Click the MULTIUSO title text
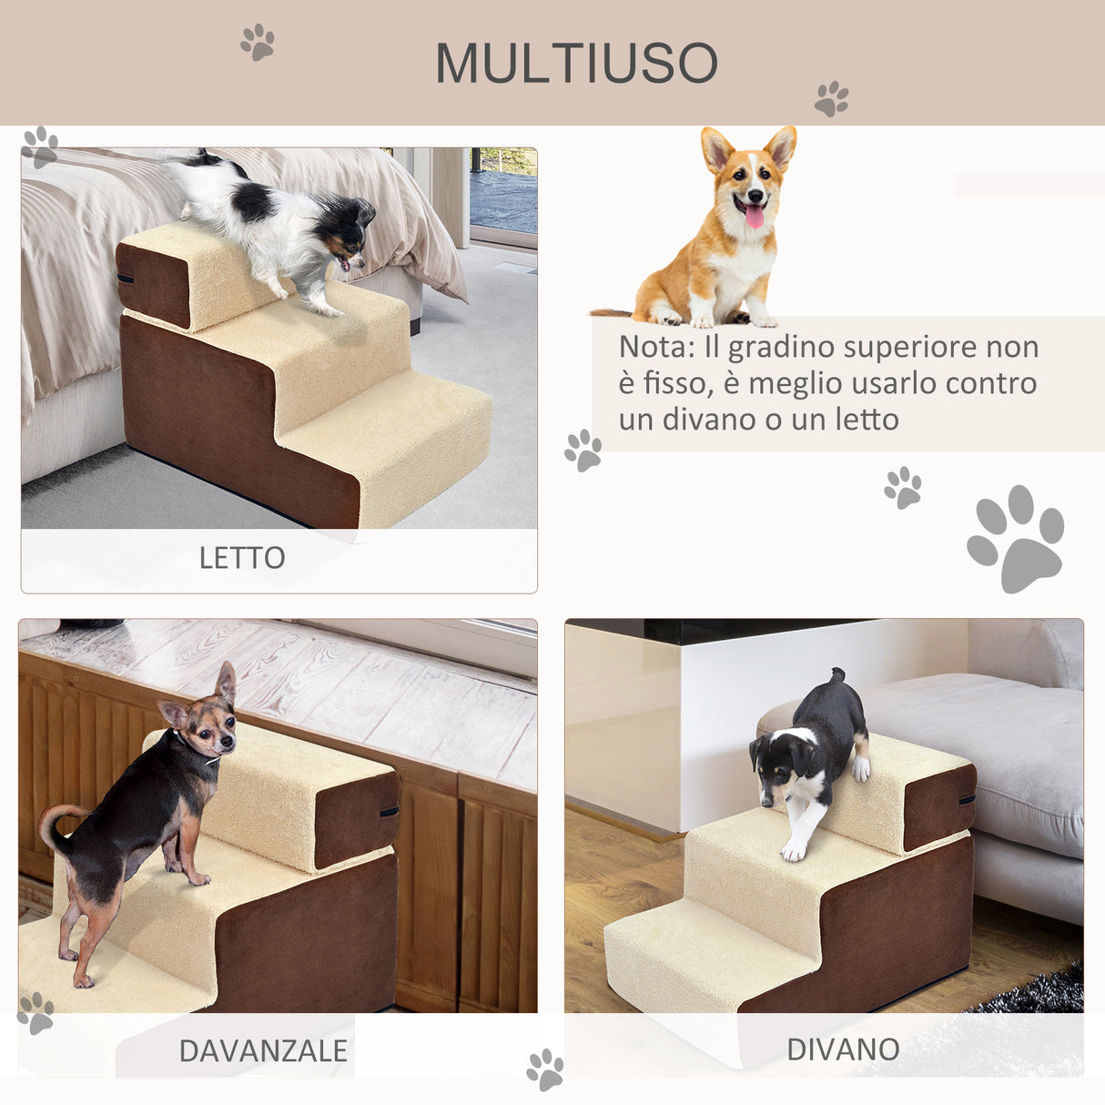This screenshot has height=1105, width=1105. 577,64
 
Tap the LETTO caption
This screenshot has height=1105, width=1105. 242,558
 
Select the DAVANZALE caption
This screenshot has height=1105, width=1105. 263,1050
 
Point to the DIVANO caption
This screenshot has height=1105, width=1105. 843,1049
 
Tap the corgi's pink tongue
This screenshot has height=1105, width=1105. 755,217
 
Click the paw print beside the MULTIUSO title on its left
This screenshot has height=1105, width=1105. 258,42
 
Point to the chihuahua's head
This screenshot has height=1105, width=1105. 205,724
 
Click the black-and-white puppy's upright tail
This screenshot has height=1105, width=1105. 836,678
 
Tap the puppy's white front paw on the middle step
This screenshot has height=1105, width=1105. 794,850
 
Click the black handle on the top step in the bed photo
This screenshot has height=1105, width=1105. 125,277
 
